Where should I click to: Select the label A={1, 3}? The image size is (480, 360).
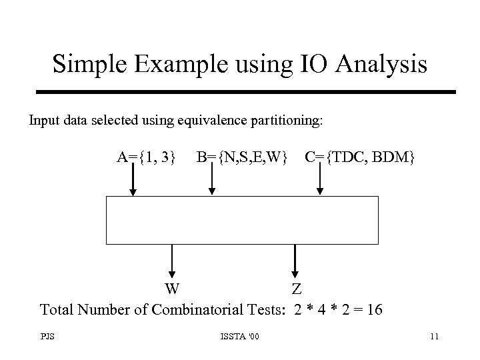tap(147, 157)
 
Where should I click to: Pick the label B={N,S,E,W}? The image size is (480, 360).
tap(242, 157)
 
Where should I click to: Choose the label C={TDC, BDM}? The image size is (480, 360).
tap(360, 157)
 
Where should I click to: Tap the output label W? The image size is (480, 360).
tap(172, 289)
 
